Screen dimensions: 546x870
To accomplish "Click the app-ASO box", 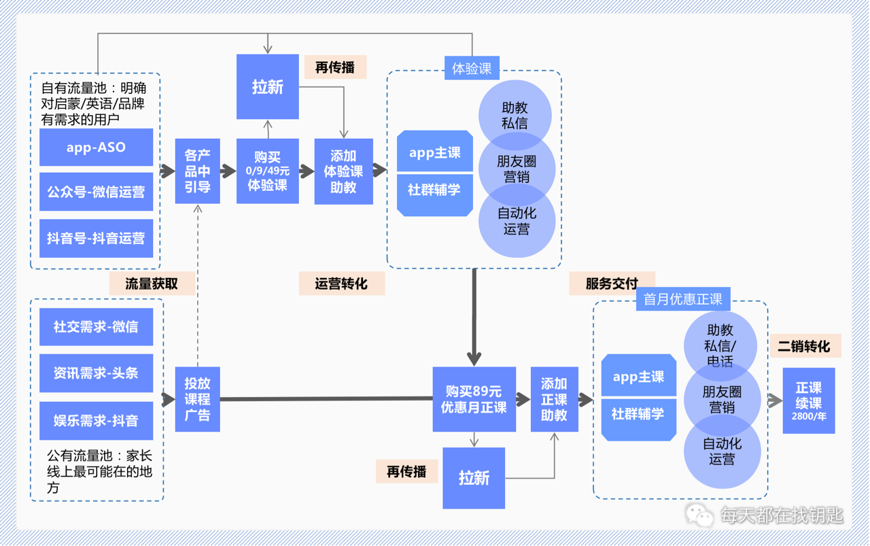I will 96,147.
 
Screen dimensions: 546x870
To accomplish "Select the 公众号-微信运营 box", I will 96,192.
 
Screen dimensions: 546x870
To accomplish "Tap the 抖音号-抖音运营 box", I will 96,239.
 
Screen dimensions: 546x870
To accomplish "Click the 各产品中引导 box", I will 198,171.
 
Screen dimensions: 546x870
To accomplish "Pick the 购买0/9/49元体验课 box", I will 268,171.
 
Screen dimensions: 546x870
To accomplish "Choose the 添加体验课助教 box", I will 343,171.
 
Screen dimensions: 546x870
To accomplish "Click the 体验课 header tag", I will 472,68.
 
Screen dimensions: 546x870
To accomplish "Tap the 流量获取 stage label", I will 152,284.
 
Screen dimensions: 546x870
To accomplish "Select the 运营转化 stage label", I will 341,284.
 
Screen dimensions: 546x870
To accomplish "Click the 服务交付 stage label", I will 612,284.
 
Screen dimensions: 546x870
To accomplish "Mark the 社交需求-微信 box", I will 96,327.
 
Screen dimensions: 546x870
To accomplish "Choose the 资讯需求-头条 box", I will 96,373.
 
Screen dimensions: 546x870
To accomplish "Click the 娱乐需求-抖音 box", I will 96,421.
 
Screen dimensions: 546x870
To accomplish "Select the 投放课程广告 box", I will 198,399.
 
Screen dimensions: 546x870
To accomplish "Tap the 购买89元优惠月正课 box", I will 474,399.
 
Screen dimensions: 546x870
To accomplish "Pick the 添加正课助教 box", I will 554,399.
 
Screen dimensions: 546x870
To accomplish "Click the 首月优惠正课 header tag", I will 682,299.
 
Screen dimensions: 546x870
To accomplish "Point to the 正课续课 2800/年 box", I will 808,400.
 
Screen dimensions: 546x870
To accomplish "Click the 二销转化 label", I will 804,346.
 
